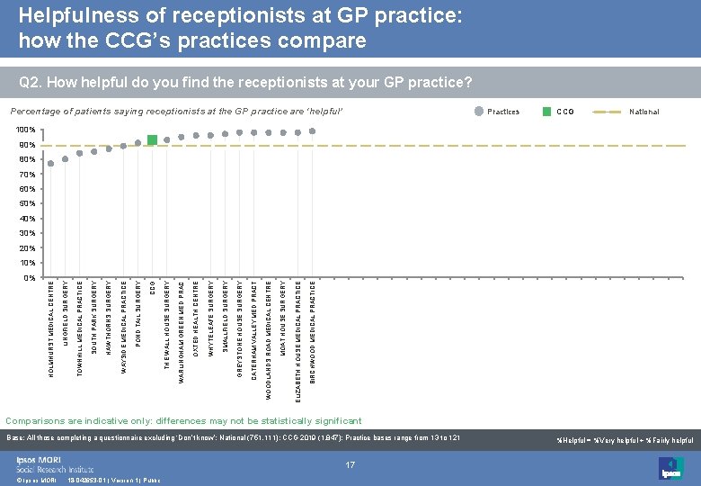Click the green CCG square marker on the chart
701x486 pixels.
click(153, 139)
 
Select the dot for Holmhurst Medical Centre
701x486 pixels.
click(51, 163)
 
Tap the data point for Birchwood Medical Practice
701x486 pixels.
click(312, 131)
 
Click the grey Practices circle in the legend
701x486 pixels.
click(478, 112)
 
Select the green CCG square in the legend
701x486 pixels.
click(546, 112)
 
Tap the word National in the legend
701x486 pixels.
click(643, 112)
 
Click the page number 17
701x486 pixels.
click(350, 465)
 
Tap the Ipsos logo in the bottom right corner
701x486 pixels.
click(671, 469)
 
